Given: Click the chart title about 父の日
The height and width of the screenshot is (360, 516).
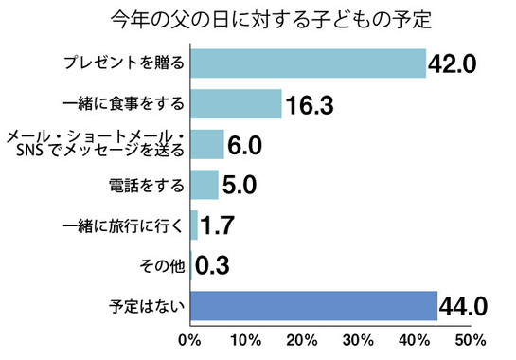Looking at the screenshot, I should coord(258,18).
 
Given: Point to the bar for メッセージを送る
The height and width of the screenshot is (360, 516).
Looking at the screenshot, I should coord(207,144).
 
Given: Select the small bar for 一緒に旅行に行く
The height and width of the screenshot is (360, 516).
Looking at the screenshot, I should coord(195,225).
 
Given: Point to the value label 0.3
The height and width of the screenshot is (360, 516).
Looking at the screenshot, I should coord(213,265).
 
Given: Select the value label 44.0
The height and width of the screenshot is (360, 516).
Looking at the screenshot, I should coord(464,306).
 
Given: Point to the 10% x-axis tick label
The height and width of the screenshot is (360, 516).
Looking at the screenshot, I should coord(245,340).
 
